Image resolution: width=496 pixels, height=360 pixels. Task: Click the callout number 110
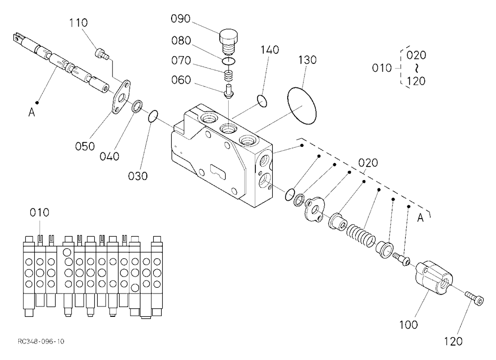coord(78,23)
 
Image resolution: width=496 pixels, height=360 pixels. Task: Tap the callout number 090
coord(181,19)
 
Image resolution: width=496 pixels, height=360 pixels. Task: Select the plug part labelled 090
coord(228,42)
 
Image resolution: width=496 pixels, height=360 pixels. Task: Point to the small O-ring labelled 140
coord(262,101)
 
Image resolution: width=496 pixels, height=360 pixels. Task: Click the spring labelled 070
coord(228,76)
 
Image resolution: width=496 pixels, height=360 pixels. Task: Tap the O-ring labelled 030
coord(152,116)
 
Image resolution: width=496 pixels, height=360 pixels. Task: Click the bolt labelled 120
coord(475,299)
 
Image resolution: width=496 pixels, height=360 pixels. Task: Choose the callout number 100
coord(408,325)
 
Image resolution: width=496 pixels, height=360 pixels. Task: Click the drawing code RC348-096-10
coord(41,341)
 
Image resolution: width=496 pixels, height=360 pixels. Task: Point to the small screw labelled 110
coord(102,53)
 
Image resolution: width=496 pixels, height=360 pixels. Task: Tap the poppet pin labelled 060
coord(228,91)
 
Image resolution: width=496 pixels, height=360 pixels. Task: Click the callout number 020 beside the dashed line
coord(368,163)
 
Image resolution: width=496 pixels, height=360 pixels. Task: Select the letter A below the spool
coord(32,112)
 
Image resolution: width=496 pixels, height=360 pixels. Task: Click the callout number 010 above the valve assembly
coord(40,212)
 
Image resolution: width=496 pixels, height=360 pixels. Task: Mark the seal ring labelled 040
coord(137,106)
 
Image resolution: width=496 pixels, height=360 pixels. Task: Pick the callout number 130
coord(307,60)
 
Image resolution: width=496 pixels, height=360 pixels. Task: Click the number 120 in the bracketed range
coord(416,81)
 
